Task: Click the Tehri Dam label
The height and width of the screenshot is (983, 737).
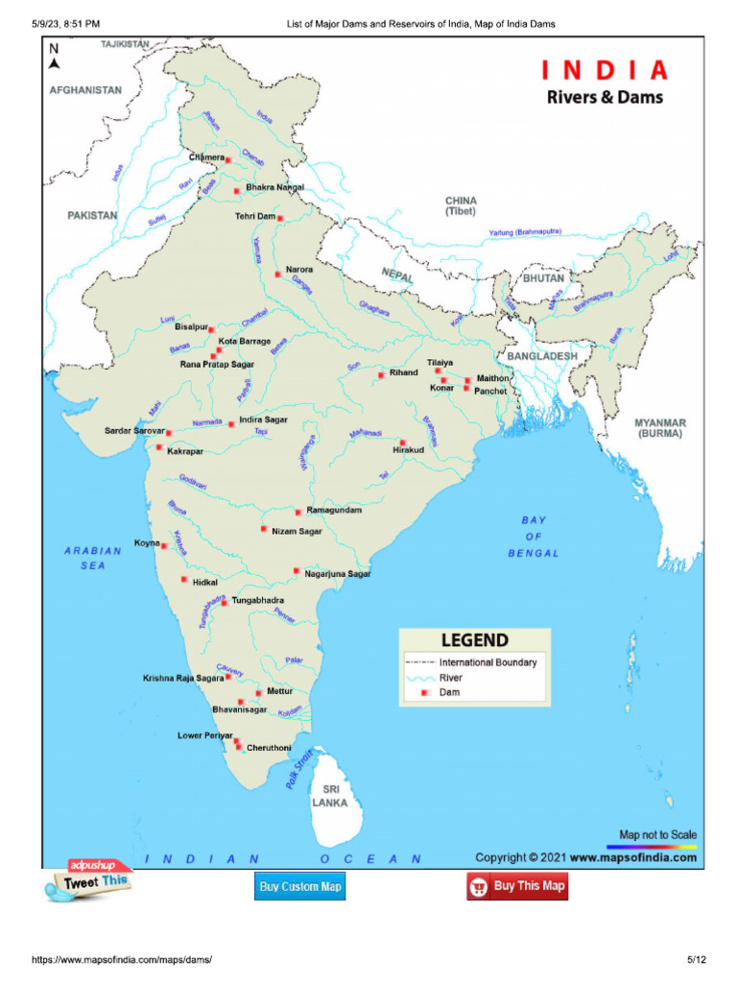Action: point(255,217)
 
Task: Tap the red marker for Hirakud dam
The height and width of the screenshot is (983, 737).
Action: point(402,443)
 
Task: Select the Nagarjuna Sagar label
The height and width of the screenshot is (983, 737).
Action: point(337,574)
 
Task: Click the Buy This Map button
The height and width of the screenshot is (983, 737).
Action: point(517,886)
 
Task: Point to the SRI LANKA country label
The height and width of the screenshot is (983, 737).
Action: point(329,796)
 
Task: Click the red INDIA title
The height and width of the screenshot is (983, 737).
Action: point(605,71)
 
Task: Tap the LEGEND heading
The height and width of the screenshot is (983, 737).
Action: point(474,640)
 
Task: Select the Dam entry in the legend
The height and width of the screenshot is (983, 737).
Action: point(449,691)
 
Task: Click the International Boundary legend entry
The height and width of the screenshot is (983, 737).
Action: point(487,662)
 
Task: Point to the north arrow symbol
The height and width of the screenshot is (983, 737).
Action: point(55,58)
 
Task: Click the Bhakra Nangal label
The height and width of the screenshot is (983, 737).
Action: point(274,187)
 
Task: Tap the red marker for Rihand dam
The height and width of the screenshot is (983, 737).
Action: point(381,374)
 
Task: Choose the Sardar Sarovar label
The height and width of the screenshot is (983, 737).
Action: point(135,432)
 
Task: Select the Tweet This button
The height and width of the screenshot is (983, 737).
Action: point(86,881)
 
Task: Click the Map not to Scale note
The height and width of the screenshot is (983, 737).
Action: point(657,835)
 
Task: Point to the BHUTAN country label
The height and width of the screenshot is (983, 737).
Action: point(544,277)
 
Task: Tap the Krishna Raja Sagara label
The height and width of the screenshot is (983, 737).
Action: point(183,678)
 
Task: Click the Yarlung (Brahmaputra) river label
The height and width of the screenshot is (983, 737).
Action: point(525,232)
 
